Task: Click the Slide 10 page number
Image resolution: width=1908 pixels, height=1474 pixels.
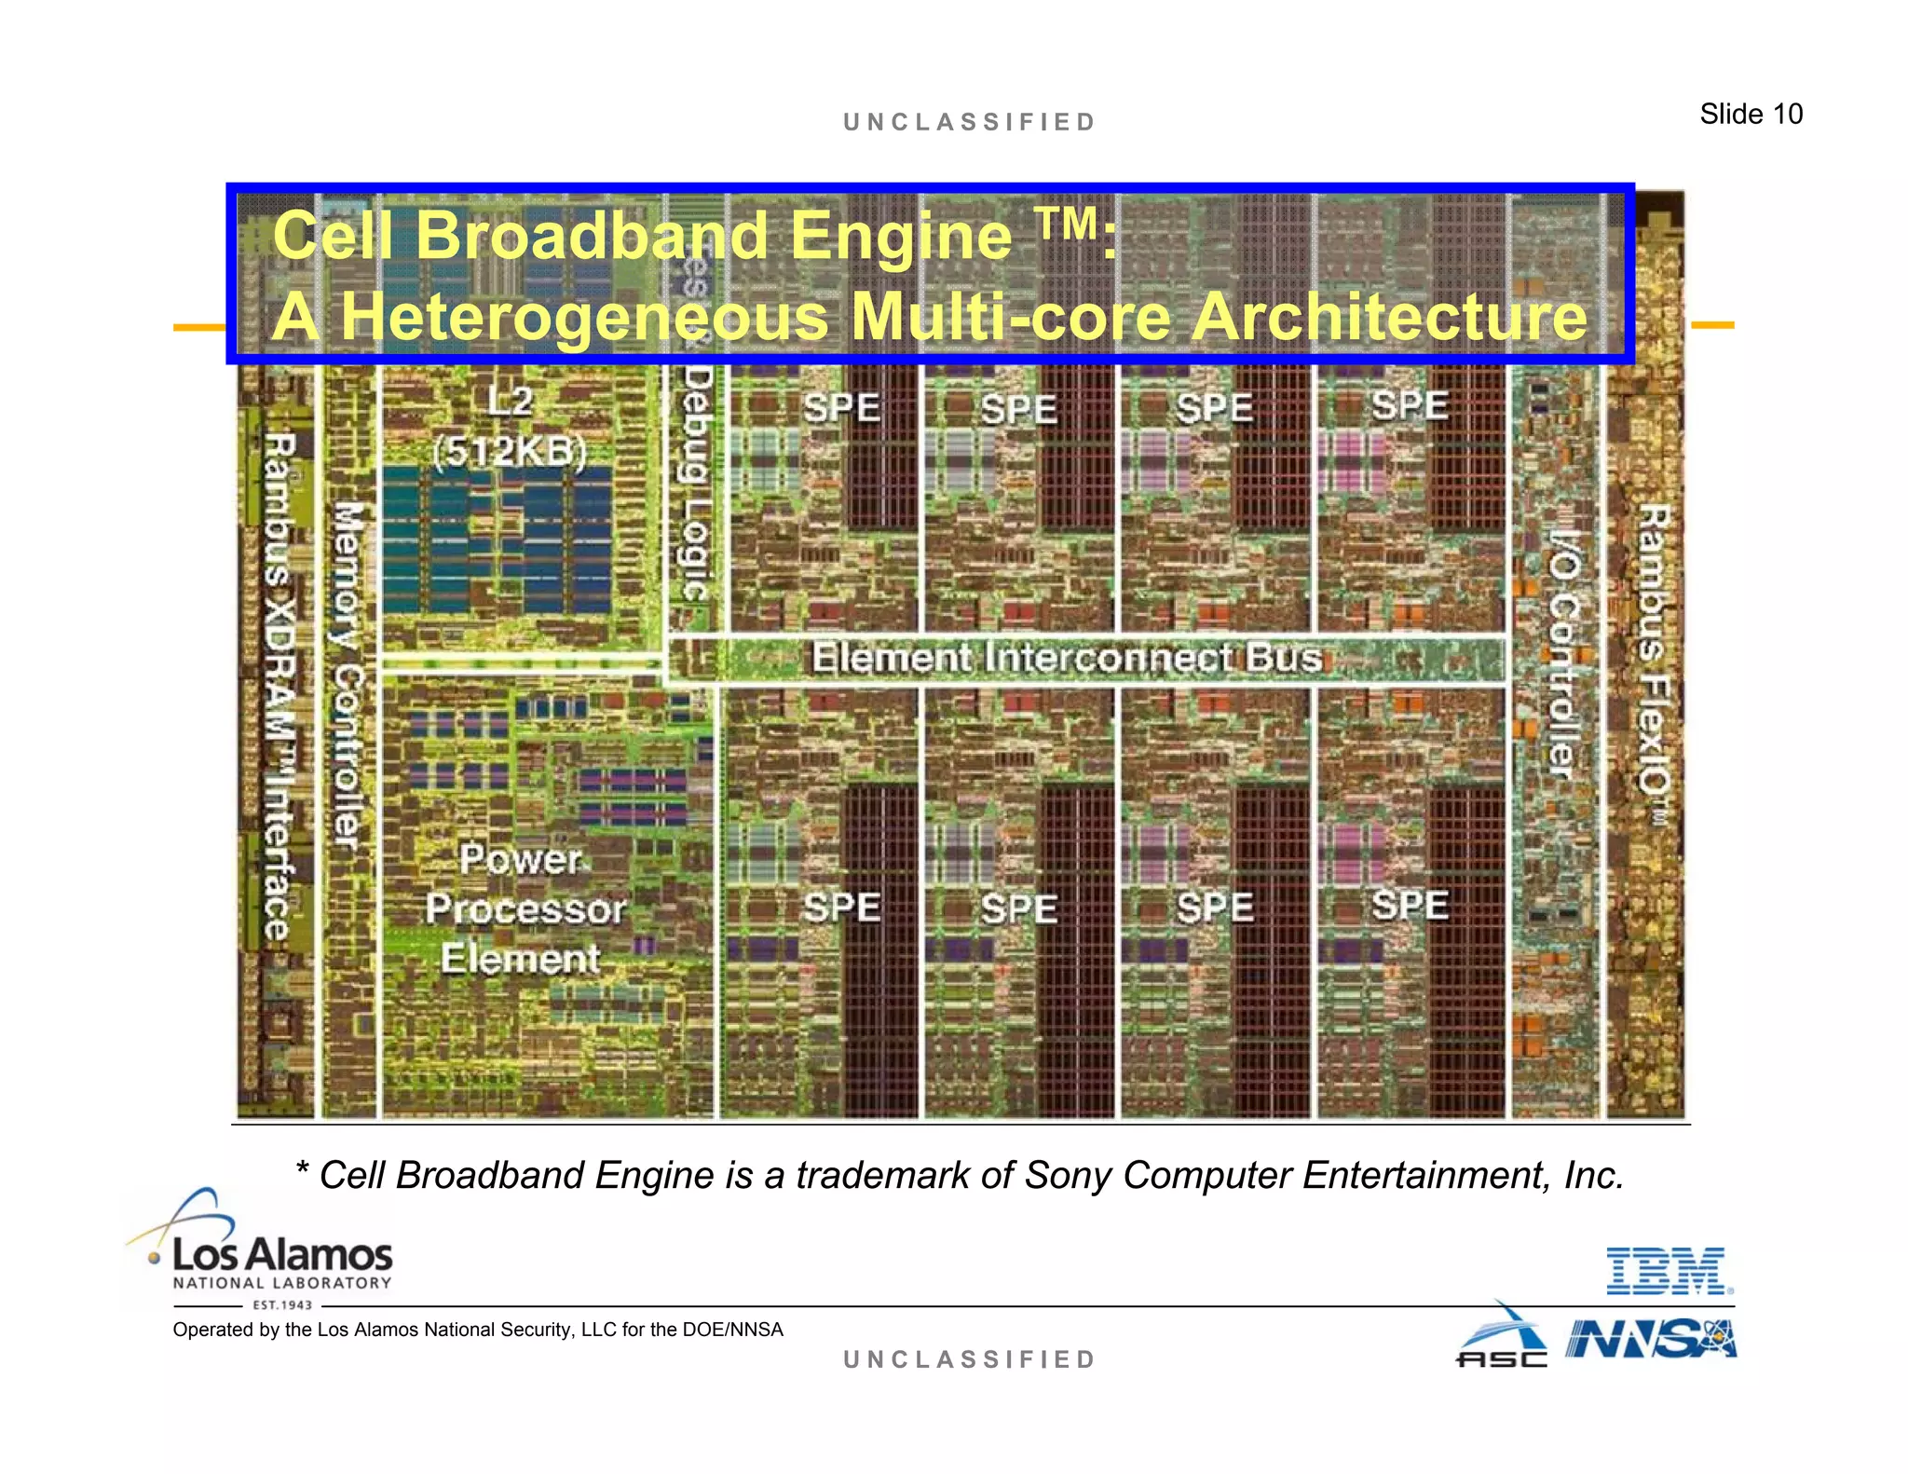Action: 1751,114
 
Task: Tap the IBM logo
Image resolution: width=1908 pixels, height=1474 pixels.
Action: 1669,1271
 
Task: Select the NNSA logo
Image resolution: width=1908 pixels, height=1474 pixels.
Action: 1651,1340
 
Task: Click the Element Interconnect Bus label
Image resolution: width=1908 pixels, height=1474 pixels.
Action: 1066,658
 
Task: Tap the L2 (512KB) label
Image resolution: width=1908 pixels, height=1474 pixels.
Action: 510,427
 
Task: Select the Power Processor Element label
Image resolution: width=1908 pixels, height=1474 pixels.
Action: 524,908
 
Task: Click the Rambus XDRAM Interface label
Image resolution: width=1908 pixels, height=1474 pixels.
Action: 278,685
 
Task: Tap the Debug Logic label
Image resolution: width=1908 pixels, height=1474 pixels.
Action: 697,480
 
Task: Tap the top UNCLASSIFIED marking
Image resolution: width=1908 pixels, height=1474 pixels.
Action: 970,122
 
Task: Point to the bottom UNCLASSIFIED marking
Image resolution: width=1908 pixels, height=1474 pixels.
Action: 970,1359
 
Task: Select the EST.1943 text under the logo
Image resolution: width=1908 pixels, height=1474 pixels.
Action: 282,1305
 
